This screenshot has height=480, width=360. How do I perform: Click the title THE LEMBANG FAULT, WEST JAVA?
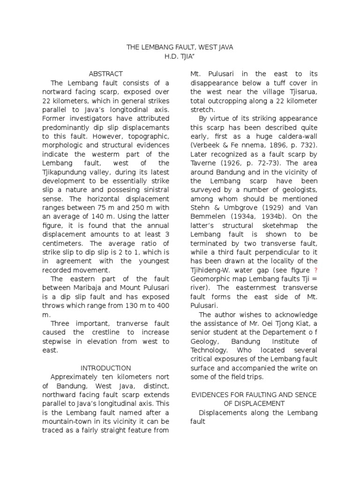click(180, 47)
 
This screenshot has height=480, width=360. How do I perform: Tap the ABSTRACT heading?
click(106, 74)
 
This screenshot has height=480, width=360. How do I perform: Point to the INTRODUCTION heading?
click(106, 368)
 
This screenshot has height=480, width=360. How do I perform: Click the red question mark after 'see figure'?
click(315, 270)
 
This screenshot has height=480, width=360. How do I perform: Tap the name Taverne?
click(205, 163)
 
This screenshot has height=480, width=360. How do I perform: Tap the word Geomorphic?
click(208, 279)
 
